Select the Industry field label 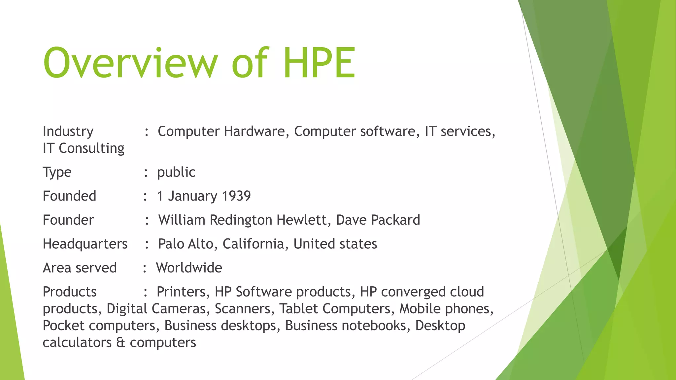[x=68, y=131]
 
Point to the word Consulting [x=91, y=148]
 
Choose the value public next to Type [x=176, y=172]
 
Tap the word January [x=192, y=196]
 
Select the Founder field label [x=68, y=220]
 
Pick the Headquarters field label [x=85, y=244]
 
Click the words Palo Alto [x=187, y=244]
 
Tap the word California [x=253, y=244]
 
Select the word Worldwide [x=189, y=268]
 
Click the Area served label [x=80, y=268]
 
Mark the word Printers [x=183, y=292]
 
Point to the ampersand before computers [x=120, y=342]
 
